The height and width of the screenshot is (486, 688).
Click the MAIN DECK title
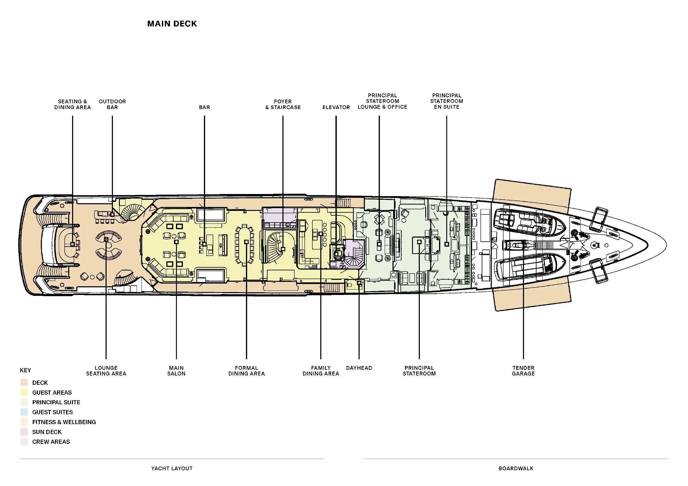tap(172, 24)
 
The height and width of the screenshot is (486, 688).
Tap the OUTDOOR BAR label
tap(112, 104)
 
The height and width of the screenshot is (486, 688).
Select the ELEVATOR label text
tap(336, 107)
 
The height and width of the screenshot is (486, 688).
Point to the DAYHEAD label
tap(359, 368)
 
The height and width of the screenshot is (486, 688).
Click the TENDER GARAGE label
tap(523, 371)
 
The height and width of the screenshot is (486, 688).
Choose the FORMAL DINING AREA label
tap(247, 371)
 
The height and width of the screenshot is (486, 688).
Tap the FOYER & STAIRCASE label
tap(283, 104)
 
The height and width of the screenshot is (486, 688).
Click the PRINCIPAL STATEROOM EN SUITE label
tap(447, 101)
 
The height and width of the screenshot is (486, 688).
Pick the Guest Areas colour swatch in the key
tap(24, 392)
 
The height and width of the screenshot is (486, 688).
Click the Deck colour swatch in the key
tap(24, 382)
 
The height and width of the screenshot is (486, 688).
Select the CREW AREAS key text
tap(51, 442)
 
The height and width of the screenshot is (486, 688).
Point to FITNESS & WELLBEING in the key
tap(64, 422)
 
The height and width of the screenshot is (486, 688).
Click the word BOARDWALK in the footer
tap(516, 468)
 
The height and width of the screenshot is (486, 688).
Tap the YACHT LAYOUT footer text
tap(172, 468)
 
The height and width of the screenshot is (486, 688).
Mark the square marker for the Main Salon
tap(176, 242)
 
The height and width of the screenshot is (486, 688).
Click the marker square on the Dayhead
tap(359, 283)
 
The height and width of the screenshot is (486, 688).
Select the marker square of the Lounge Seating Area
tap(106, 239)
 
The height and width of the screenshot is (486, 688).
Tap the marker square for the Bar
tap(204, 244)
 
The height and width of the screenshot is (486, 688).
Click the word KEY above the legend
tap(25, 370)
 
